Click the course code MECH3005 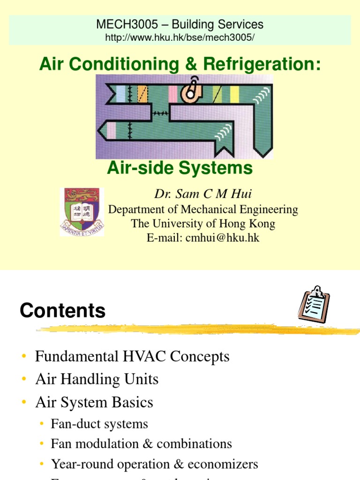[119, 24]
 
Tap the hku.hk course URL [180, 37]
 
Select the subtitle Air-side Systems [180, 168]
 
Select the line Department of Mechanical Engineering [203, 210]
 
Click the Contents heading [62, 311]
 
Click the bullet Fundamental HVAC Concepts [132, 357]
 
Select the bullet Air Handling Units [97, 379]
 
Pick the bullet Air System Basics [94, 402]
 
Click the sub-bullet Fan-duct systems [99, 424]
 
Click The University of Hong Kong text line [203, 224]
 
